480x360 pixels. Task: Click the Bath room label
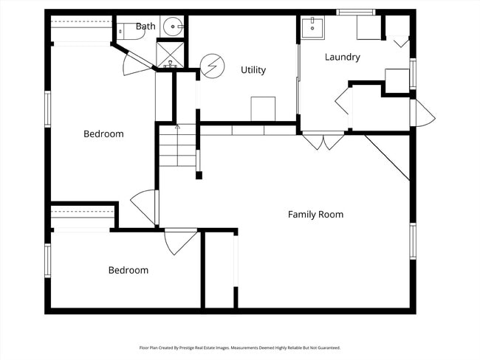145,27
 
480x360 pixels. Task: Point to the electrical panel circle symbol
212,66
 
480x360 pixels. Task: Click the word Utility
253,70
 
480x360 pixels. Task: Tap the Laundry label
343,57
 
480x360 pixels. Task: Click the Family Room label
315,215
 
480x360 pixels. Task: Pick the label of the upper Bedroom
103,134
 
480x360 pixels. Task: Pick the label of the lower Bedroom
128,271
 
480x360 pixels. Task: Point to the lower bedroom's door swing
179,242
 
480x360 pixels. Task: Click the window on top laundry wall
356,13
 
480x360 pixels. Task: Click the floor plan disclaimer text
240,347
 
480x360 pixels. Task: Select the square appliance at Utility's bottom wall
263,108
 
